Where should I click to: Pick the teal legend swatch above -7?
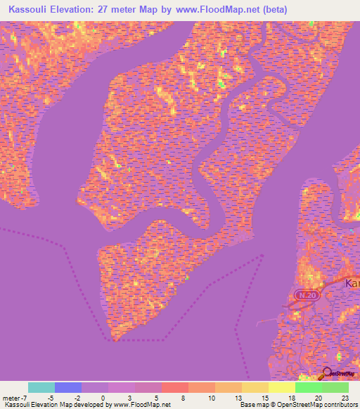41,387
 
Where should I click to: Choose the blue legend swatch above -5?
68,387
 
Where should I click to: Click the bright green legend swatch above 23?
335,387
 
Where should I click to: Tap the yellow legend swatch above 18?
282,387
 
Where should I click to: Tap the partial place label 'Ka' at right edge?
352,283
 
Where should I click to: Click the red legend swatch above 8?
175,387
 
